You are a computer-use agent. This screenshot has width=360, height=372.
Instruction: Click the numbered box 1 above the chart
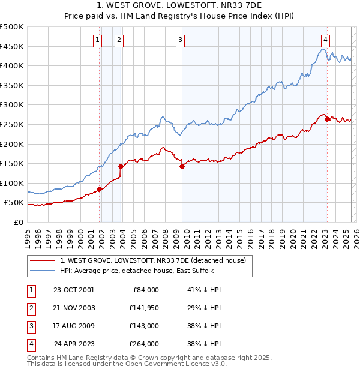(97, 40)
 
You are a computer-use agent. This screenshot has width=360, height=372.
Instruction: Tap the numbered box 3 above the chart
(180, 40)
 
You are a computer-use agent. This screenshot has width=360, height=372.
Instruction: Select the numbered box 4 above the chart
(325, 40)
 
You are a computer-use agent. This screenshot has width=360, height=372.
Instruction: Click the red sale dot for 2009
(182, 167)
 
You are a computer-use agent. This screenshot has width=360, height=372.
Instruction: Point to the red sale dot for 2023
(328, 119)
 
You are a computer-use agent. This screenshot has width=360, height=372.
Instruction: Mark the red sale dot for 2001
(100, 190)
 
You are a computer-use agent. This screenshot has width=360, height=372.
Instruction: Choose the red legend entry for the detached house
(152, 260)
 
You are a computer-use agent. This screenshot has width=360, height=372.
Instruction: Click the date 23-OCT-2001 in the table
(74, 290)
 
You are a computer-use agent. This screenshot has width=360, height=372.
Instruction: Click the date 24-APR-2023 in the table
(74, 344)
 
